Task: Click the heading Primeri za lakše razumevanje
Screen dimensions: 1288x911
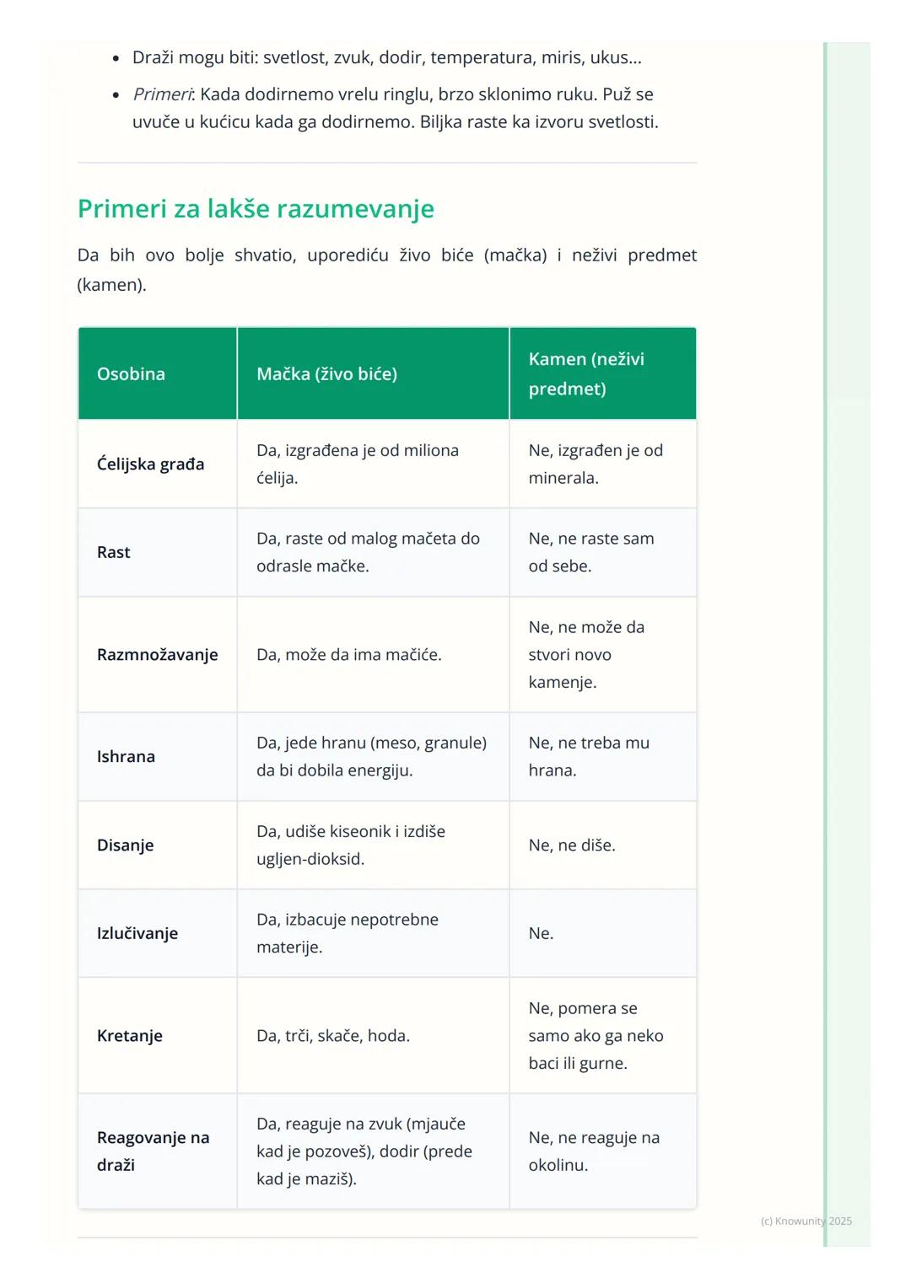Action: [256, 209]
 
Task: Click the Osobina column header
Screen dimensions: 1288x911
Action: [131, 374]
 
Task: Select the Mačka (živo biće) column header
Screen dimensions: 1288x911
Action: [326, 374]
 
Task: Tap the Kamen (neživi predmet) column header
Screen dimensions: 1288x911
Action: [586, 373]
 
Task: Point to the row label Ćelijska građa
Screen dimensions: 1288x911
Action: [150, 464]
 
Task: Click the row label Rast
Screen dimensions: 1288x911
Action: [114, 553]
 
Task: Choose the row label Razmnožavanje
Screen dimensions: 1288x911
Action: [157, 655]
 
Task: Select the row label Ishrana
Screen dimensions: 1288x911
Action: [126, 757]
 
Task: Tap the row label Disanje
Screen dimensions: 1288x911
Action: [125, 845]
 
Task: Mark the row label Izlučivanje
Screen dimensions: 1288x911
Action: [137, 934]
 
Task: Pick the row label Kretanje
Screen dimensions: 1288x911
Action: [130, 1036]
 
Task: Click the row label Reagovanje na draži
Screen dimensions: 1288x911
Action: [153, 1151]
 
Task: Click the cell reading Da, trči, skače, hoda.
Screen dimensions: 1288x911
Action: [333, 1036]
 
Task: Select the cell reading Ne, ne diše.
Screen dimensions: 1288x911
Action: [572, 845]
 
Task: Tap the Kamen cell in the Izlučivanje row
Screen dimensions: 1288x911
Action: [541, 934]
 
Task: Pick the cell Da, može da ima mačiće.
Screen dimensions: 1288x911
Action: [349, 655]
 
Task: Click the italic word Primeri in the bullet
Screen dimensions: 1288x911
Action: [162, 94]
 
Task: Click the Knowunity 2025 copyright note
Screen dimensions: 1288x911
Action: [806, 1221]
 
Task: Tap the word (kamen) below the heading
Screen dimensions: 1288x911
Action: [111, 285]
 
